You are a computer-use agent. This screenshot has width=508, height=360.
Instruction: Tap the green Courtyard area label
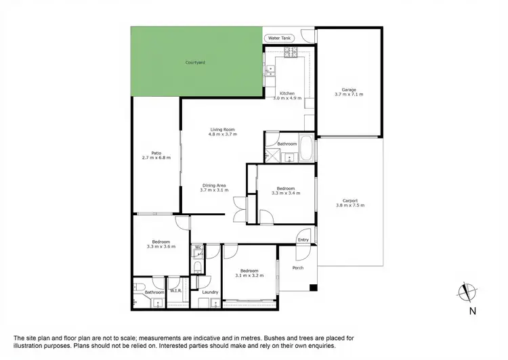coord(196,63)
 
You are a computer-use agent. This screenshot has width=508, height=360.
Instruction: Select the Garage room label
coord(349,89)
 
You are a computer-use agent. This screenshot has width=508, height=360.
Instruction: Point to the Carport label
coord(350,200)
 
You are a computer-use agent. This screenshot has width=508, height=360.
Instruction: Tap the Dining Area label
coord(213,185)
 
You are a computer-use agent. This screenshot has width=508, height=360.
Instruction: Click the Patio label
coord(156,153)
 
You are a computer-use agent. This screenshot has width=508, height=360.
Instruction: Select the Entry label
coord(303,240)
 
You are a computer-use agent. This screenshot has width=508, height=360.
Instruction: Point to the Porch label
coord(298,268)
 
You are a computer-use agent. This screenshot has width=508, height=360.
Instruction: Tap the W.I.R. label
coord(175,291)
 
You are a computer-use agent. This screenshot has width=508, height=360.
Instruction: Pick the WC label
coord(198,248)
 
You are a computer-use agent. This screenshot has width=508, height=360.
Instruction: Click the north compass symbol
coord(465,292)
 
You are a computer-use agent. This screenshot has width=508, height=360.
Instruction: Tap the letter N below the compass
coord(471,312)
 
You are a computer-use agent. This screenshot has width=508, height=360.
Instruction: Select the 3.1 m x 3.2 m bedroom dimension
coord(249,276)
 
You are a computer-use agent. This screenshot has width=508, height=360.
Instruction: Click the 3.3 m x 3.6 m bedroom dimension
coord(161,246)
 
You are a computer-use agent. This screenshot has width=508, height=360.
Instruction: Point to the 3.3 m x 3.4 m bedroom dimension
coord(285,194)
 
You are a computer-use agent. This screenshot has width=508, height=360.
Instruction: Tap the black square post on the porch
coord(313,289)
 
